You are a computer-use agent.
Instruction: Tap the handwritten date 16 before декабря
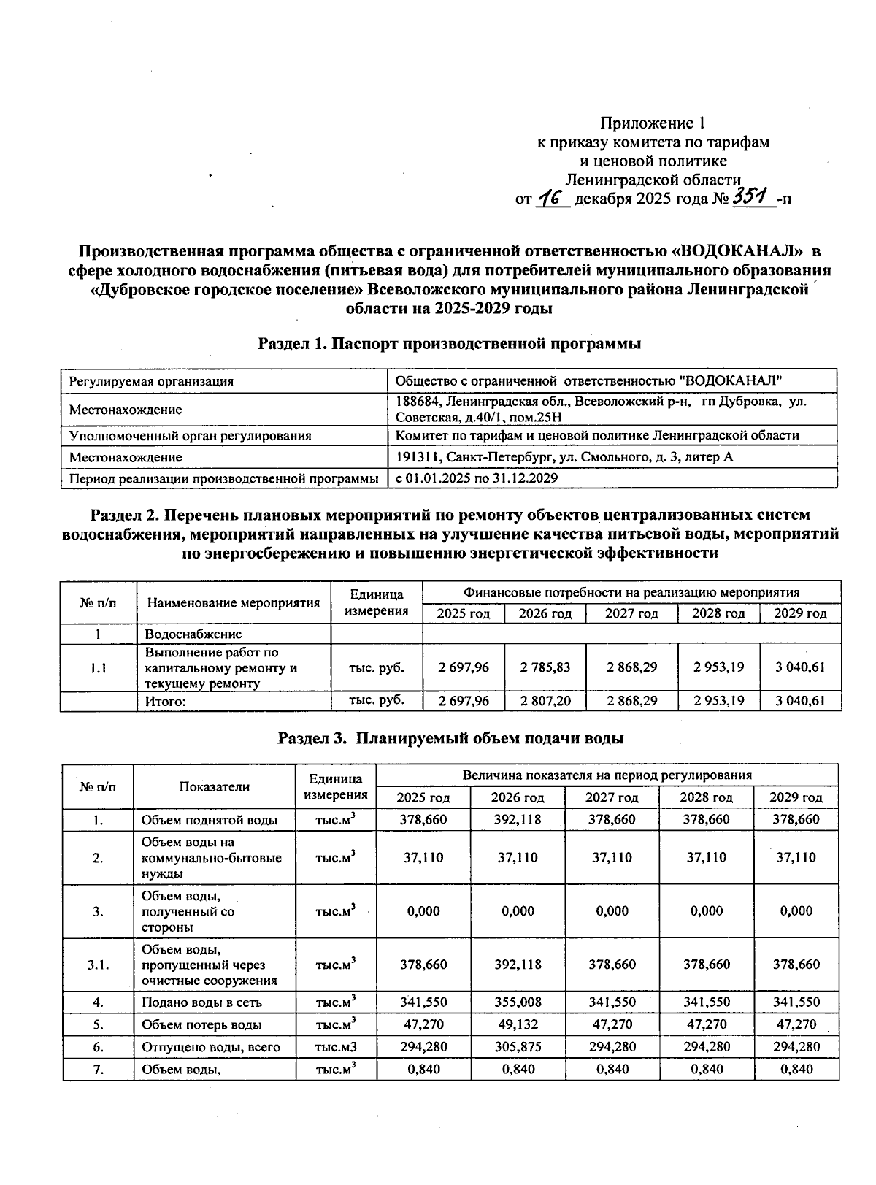(x=553, y=198)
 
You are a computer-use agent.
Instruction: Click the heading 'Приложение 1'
(x=653, y=123)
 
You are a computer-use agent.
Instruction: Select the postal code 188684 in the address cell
(x=418, y=402)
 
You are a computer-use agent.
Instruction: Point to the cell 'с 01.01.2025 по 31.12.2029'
(x=477, y=478)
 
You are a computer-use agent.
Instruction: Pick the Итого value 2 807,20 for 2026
(x=545, y=701)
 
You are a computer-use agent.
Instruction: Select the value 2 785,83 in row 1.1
(x=545, y=667)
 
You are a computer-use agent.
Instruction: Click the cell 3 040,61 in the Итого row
(x=800, y=701)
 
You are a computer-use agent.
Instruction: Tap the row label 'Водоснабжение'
(x=193, y=634)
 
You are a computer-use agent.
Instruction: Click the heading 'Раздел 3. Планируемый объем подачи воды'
(x=450, y=738)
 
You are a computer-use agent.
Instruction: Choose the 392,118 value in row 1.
(x=518, y=819)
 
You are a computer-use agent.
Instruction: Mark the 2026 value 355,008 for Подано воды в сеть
(x=518, y=1002)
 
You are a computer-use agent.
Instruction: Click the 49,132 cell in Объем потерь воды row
(x=518, y=1024)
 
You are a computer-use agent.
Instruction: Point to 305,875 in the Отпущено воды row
(x=518, y=1047)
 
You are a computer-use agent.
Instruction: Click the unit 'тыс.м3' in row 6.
(x=335, y=1047)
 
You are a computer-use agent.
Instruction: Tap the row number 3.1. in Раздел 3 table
(x=98, y=965)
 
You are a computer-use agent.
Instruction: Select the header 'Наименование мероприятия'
(x=234, y=603)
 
